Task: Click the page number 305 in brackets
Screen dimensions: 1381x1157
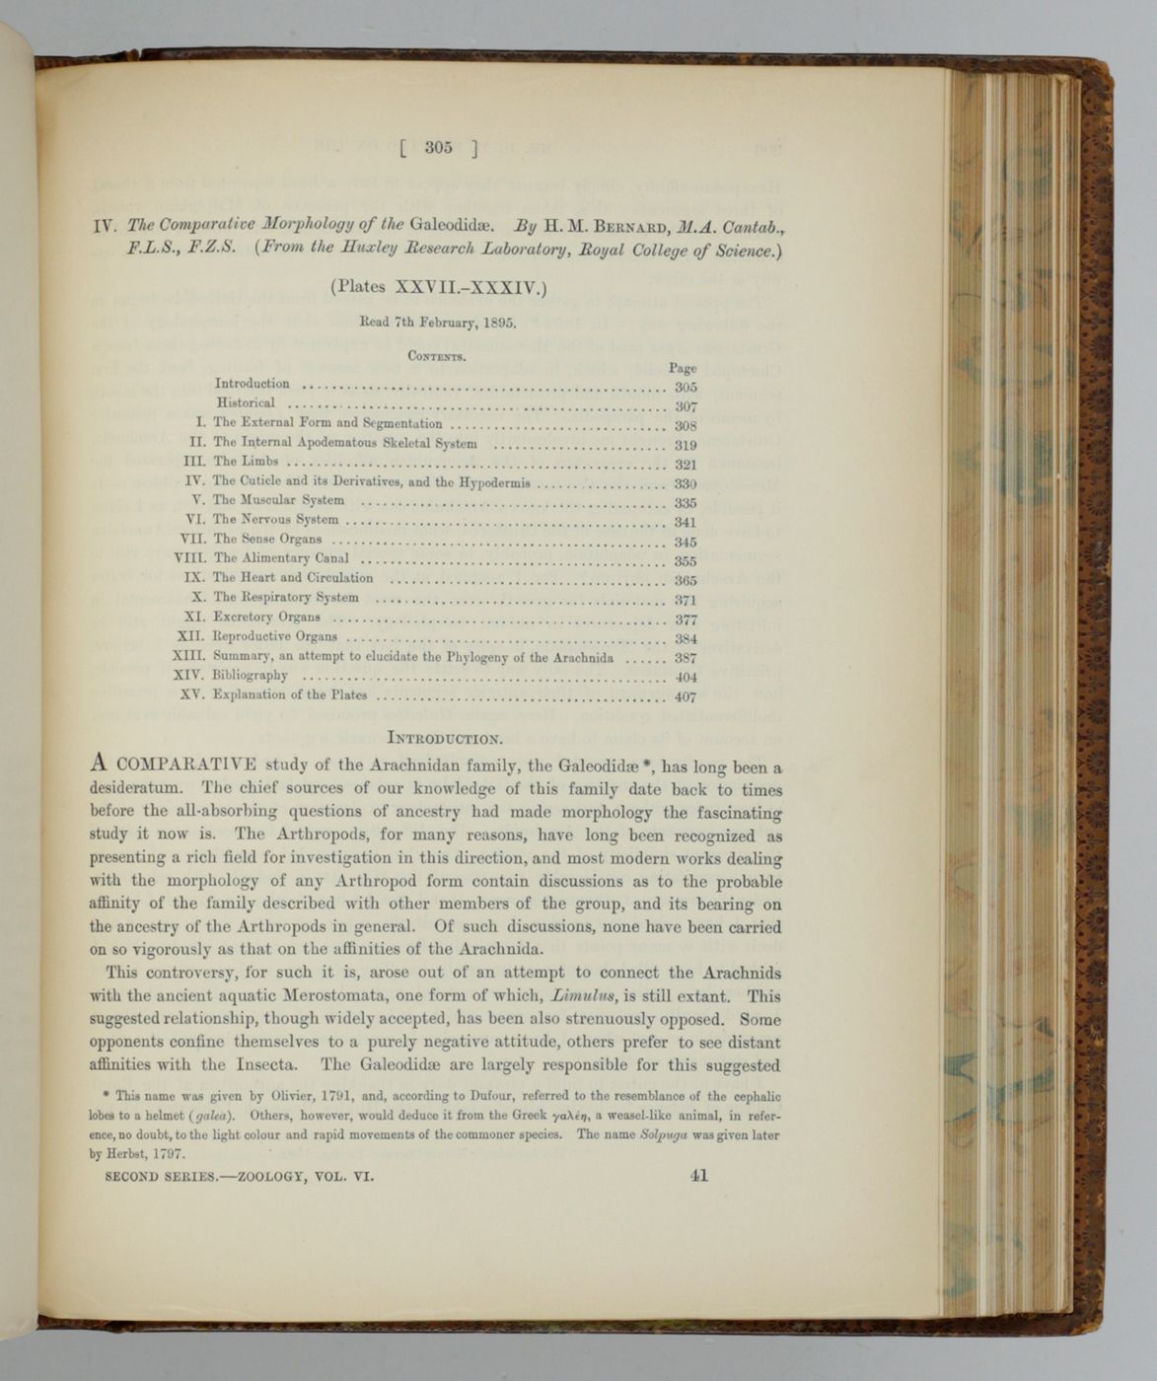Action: click(439, 148)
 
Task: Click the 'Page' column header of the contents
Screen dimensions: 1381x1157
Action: click(683, 368)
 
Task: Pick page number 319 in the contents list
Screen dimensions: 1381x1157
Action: click(686, 445)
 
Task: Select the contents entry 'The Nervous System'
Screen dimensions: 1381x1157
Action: click(276, 520)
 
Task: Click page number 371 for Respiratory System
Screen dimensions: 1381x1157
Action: click(686, 600)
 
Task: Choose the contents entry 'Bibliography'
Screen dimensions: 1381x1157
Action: click(251, 676)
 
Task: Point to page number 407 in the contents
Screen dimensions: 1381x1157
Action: click(686, 696)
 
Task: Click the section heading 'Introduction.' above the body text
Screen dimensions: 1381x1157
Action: click(447, 737)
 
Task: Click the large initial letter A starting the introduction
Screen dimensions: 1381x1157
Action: click(98, 763)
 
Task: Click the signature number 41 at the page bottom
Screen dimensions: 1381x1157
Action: click(700, 1175)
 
